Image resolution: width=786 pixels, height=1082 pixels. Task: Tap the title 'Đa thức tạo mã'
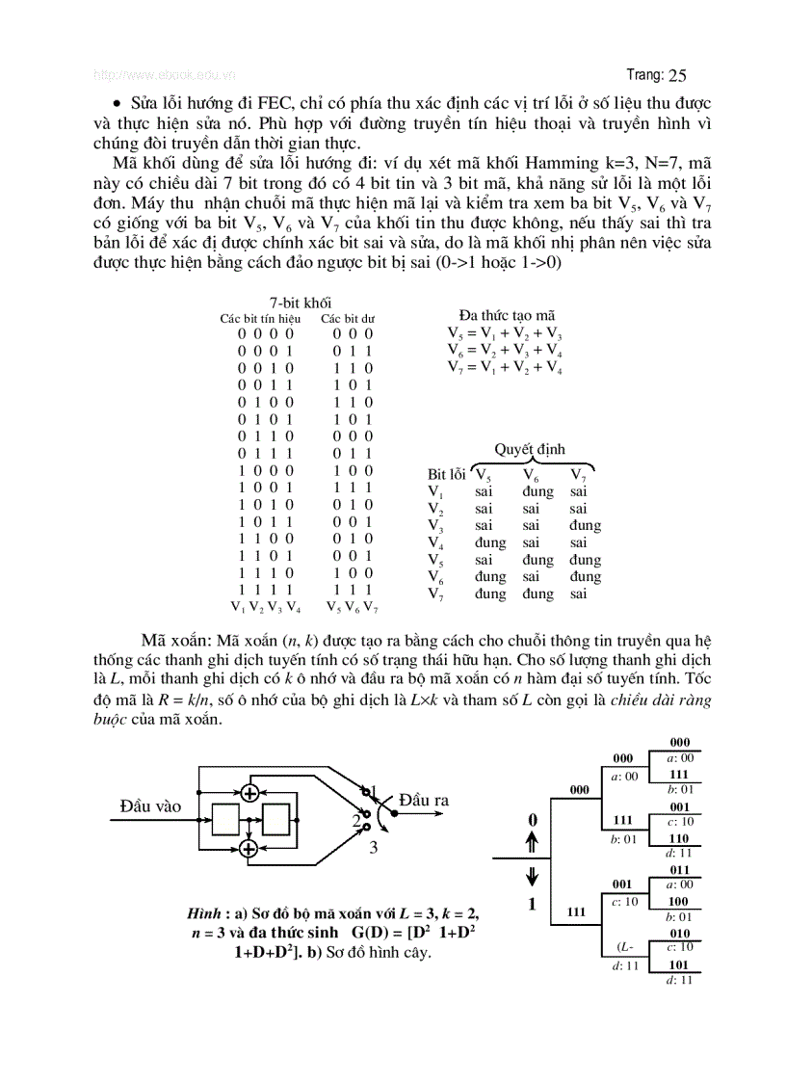coord(508,315)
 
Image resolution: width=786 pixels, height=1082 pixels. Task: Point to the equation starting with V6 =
coord(505,350)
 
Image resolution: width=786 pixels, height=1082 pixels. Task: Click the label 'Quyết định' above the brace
coord(530,449)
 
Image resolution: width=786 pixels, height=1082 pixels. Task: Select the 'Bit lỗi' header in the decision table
coord(446,474)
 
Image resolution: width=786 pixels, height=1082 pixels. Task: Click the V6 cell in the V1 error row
coord(537,491)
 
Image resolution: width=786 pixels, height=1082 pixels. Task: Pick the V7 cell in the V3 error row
coord(584,526)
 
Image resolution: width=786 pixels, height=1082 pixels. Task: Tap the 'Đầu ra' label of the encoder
coord(424,800)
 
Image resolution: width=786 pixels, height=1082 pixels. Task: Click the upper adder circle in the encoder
coord(249,792)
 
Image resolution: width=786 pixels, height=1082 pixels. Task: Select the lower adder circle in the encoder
coord(249,848)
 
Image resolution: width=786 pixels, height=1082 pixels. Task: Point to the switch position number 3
coord(374,848)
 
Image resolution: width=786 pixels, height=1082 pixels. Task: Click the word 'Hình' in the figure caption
coord(206,912)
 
